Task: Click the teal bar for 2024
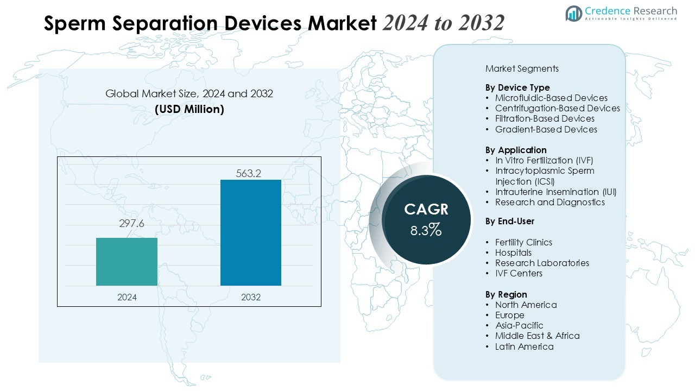[x=127, y=261]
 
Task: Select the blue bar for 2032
[x=251, y=232]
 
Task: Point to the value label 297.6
[x=131, y=224]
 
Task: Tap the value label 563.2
[x=249, y=173]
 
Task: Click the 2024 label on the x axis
[x=127, y=297]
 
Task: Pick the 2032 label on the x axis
[x=251, y=297]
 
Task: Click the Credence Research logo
[x=621, y=13]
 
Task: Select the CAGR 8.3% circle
[x=426, y=220]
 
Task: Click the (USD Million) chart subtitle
[x=189, y=109]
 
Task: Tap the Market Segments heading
[x=522, y=68]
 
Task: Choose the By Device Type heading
[x=517, y=87]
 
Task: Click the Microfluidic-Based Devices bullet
[x=551, y=98]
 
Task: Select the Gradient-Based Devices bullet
[x=546, y=129]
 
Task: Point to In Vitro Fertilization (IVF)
[x=544, y=160]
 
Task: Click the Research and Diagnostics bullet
[x=549, y=202]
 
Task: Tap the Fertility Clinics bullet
[x=523, y=242]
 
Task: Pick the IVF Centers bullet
[x=519, y=273]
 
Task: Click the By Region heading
[x=506, y=294]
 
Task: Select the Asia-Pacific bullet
[x=519, y=325]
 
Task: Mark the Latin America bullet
[x=524, y=346]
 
